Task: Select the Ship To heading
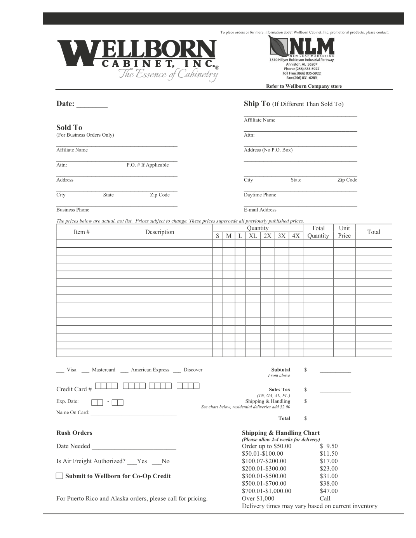pos(256,104)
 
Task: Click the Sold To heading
pos(69,127)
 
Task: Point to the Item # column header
pos(82,232)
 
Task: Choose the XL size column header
pos(253,236)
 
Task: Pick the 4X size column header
pos(296,236)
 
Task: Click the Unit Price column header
pos(344,232)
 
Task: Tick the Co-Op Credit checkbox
pos(59,476)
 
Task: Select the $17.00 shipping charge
pos(329,461)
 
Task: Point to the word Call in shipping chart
pos(325,498)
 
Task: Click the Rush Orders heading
pos(74,433)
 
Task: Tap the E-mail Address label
pos(260,210)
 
